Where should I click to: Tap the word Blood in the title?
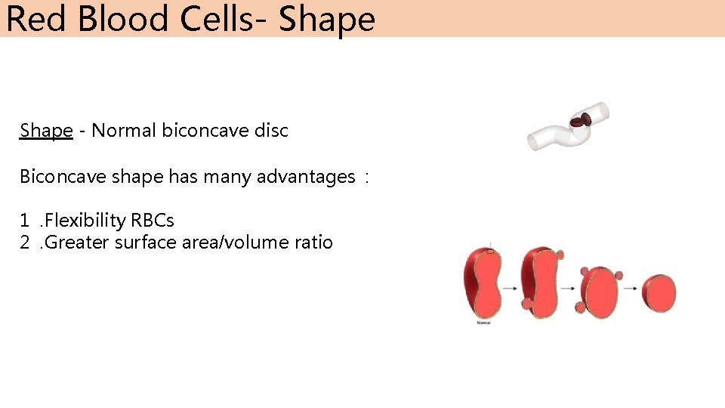coord(123,19)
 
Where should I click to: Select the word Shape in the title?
coord(326,19)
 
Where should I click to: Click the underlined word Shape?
coord(46,131)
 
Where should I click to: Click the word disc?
coord(272,131)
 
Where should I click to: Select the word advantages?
coord(306,177)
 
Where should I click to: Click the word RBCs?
coord(153,221)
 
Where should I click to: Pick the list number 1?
coord(25,221)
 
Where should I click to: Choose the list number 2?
coord(25,243)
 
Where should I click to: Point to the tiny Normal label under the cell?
coord(483,323)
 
